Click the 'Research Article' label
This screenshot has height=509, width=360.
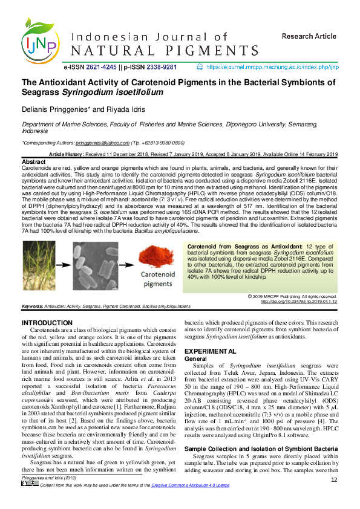click(309, 36)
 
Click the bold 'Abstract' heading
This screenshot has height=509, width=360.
click(33, 163)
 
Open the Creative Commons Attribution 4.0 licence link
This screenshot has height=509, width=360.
click(191, 502)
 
